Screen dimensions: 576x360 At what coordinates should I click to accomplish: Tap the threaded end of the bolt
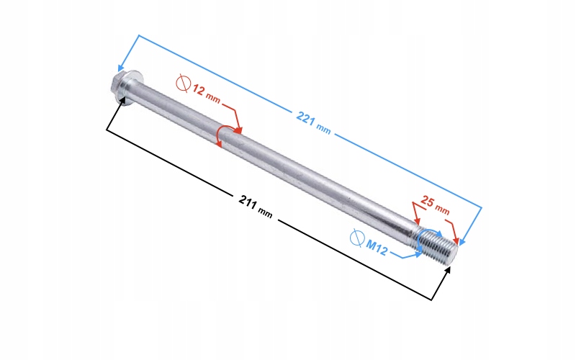pyautogui.click(x=439, y=246)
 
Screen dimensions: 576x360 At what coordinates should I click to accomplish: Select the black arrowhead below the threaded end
pyautogui.click(x=449, y=270)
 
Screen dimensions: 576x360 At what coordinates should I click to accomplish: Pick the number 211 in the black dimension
pyautogui.click(x=248, y=202)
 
